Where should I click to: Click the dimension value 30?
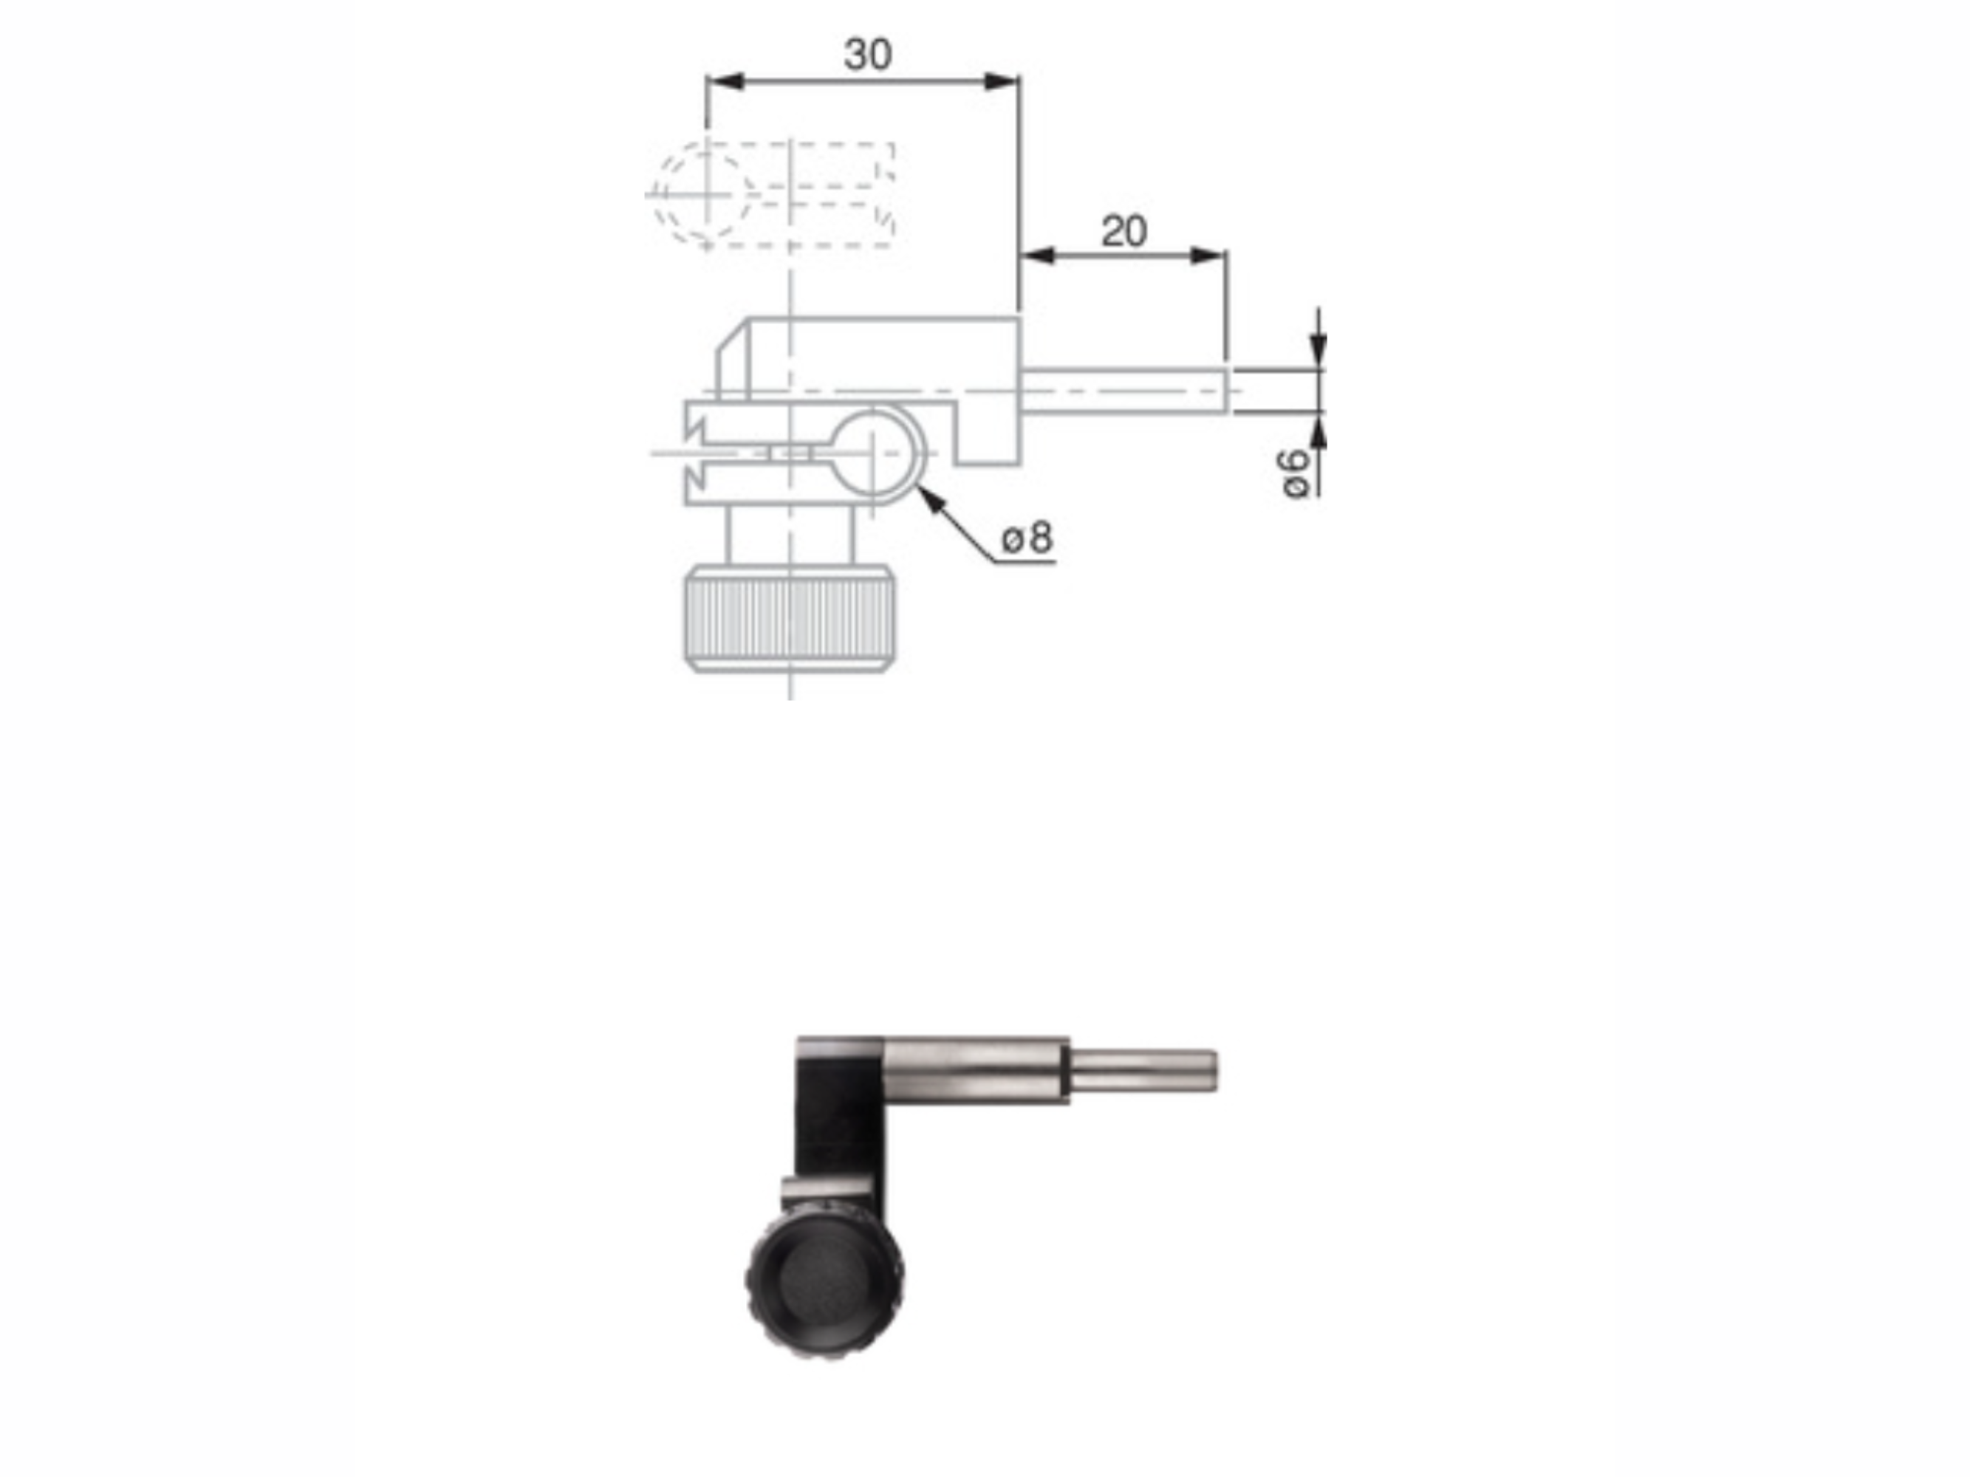tap(867, 55)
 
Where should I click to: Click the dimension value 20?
tap(1124, 233)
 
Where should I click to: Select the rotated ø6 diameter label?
tap(1296, 473)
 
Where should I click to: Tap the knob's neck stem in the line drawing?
tap(789, 534)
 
